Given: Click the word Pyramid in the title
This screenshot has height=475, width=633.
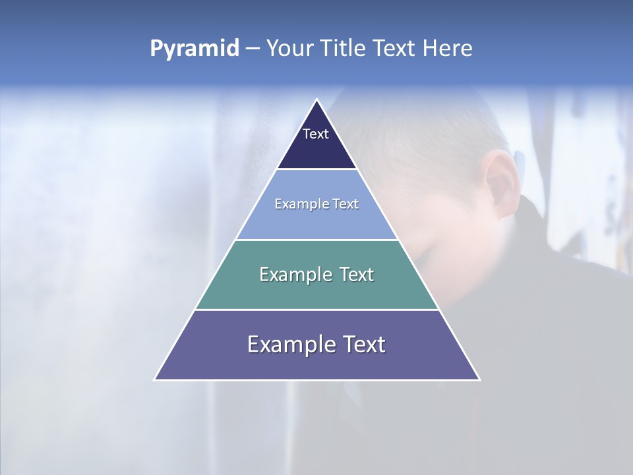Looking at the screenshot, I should tap(195, 48).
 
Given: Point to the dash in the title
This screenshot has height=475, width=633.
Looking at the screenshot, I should tap(253, 49).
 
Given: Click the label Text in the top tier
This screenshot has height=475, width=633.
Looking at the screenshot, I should tap(316, 134).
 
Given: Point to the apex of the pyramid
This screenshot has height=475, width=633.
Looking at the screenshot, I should tap(316, 100).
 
